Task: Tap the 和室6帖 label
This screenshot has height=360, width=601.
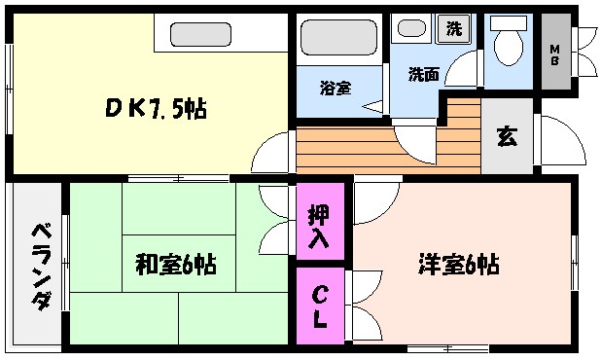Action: click(x=176, y=263)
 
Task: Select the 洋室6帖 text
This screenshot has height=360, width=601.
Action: click(x=459, y=263)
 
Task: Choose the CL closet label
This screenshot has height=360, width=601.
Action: click(x=319, y=305)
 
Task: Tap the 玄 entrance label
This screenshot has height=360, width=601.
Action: click(x=507, y=136)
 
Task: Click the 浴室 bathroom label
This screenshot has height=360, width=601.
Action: click(x=336, y=88)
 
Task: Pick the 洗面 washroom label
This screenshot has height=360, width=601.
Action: click(x=423, y=73)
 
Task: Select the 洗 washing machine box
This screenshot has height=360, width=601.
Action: click(x=453, y=29)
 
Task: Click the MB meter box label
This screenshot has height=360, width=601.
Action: click(x=555, y=50)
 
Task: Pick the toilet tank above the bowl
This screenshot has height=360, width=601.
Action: click(x=507, y=21)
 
